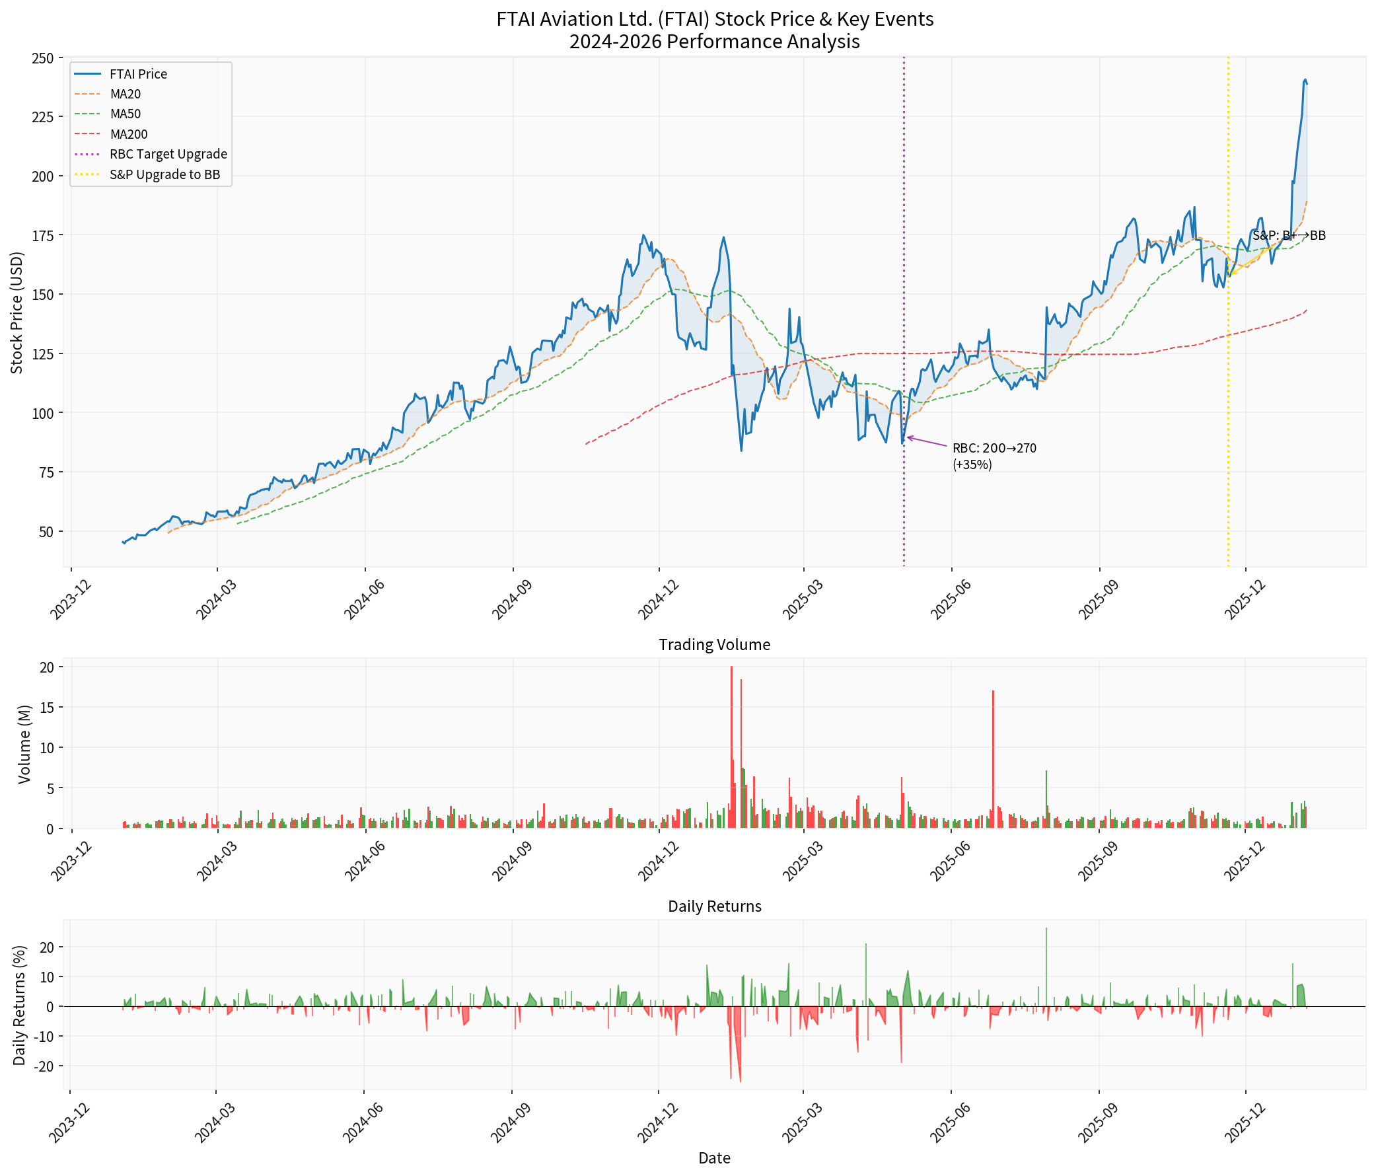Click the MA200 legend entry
(x=129, y=134)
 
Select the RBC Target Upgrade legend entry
(x=168, y=154)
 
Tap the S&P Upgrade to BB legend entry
(x=164, y=175)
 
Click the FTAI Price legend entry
(x=138, y=75)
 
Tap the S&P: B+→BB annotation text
(x=1288, y=236)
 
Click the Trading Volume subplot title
(x=714, y=645)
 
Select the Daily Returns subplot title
(x=714, y=906)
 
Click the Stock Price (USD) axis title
(x=17, y=312)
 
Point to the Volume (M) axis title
(x=25, y=744)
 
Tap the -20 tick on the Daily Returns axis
(x=46, y=1066)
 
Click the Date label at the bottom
(x=714, y=1159)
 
